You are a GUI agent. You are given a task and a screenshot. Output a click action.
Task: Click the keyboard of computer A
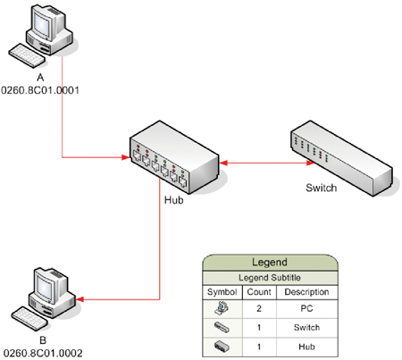pos(27,55)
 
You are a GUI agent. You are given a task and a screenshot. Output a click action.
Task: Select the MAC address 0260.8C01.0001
pos(40,90)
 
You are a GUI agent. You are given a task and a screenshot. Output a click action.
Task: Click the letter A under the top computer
pos(40,78)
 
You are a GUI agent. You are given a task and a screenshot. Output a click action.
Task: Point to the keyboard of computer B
pos(29,319)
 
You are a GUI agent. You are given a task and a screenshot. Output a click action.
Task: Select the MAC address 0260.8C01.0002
pos(43,353)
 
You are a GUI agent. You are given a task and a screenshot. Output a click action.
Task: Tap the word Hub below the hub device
pos(174,200)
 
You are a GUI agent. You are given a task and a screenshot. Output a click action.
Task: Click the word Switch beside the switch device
pos(322,188)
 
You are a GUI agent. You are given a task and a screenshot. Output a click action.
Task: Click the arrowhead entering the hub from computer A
pos(126,157)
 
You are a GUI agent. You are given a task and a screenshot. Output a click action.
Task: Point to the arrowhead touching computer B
pos(80,299)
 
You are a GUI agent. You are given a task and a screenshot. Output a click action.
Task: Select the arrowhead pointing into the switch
pos(310,163)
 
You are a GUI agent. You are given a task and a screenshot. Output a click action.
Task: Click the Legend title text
pos(270,262)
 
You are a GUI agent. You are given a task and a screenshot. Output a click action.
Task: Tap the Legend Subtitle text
pos(270,278)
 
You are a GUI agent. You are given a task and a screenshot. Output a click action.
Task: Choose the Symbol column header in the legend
pos(222,292)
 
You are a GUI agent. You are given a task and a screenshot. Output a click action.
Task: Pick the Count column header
pos(259,292)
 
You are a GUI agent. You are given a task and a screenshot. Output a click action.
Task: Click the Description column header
pos(306,292)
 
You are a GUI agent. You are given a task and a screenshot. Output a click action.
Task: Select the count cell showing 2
pos(259,308)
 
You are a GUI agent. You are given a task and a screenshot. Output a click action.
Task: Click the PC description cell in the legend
pos(306,308)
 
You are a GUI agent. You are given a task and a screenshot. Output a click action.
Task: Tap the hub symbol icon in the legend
pos(222,347)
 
